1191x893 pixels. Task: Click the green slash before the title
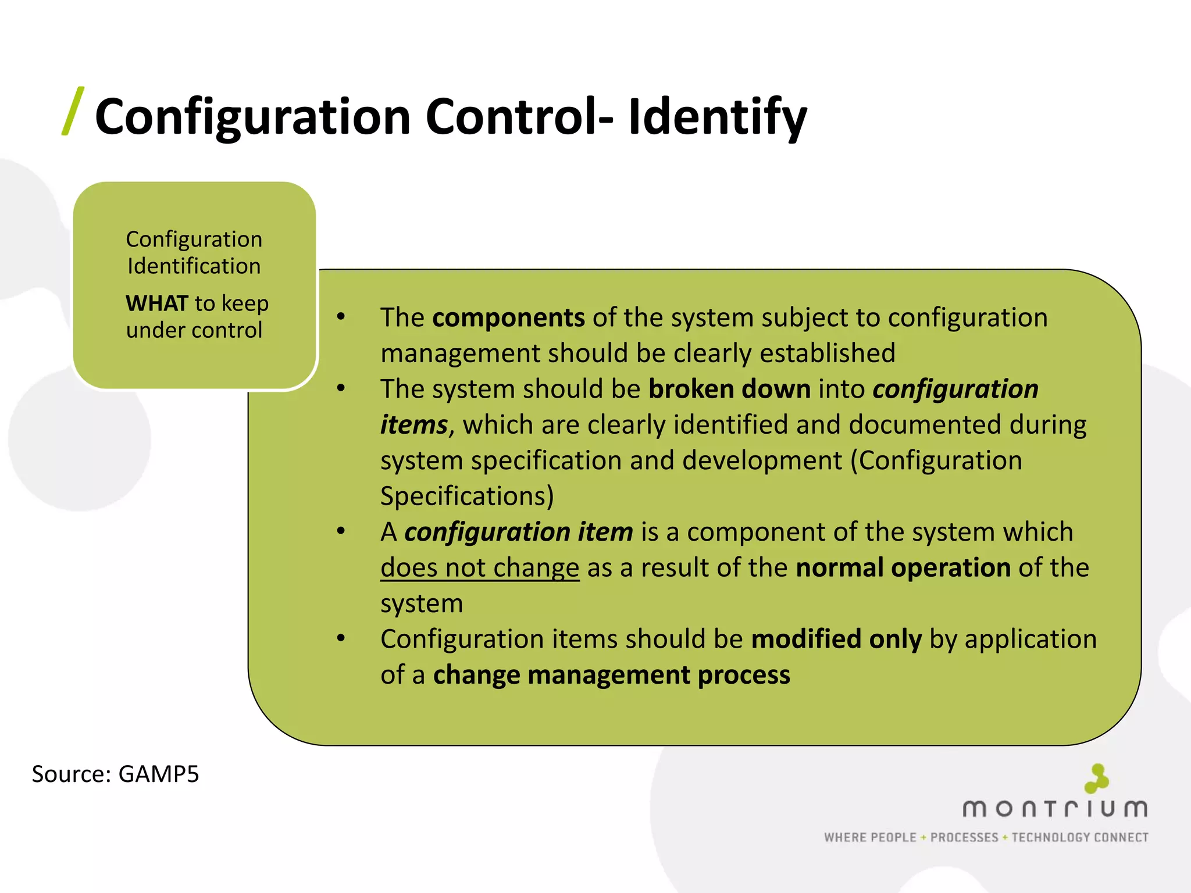tap(73, 112)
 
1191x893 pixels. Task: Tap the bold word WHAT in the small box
tap(156, 303)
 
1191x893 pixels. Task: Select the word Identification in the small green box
tap(194, 266)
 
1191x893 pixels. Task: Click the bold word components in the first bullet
tap(508, 318)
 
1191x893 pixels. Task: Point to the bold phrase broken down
tap(729, 390)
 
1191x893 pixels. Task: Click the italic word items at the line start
tap(413, 425)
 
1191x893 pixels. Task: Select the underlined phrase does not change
tap(480, 568)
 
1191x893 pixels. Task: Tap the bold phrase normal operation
tap(903, 568)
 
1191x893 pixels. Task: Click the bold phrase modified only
tap(836, 640)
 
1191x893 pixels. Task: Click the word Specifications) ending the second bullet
tap(467, 496)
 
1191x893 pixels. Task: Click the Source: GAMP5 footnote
tap(115, 774)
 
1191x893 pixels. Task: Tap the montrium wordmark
tap(1054, 808)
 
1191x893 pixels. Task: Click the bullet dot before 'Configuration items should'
tap(341, 638)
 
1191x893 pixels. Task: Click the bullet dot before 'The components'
tap(341, 317)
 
